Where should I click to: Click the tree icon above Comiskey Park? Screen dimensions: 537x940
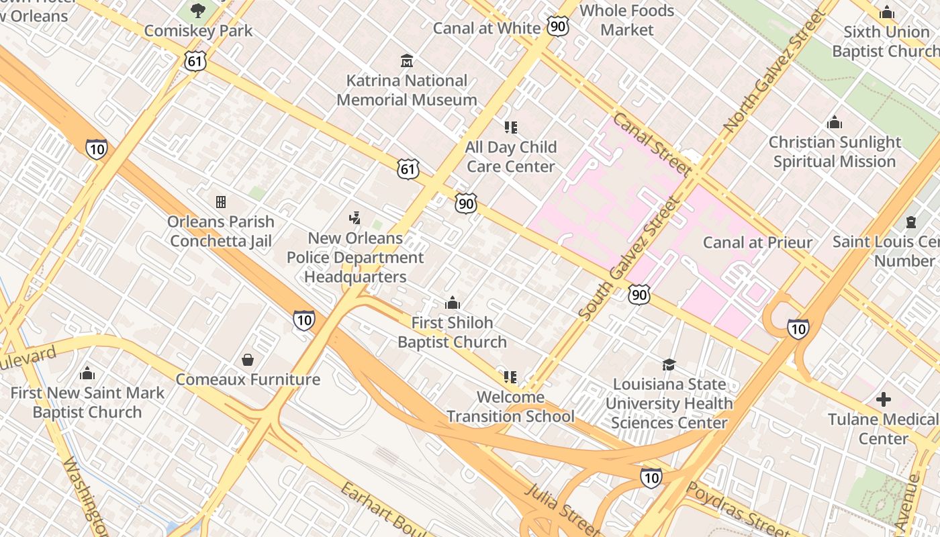(198, 10)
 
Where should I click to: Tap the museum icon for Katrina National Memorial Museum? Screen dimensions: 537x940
(406, 61)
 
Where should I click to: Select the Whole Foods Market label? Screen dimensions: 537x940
(626, 20)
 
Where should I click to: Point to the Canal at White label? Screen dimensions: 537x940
(486, 28)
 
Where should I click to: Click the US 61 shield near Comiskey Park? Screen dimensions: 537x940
(195, 61)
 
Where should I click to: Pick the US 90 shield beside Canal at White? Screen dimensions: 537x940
(557, 26)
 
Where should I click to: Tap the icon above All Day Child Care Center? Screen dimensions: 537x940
(511, 127)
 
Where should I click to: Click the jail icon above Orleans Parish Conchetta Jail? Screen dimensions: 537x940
(220, 201)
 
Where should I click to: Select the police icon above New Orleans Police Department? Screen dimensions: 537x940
(355, 218)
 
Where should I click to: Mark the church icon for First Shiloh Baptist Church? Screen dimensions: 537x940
(453, 303)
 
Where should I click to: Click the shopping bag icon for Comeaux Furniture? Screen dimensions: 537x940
(248, 360)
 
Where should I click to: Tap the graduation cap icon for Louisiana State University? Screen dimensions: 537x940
(669, 364)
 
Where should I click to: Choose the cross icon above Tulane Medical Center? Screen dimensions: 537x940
(884, 400)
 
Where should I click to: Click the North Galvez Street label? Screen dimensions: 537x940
(773, 70)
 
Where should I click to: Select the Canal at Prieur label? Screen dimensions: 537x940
(757, 242)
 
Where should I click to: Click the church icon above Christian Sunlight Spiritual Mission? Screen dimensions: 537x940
(835, 122)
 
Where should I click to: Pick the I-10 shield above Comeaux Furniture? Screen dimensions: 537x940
(304, 320)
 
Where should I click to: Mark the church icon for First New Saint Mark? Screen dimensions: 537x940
(87, 373)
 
